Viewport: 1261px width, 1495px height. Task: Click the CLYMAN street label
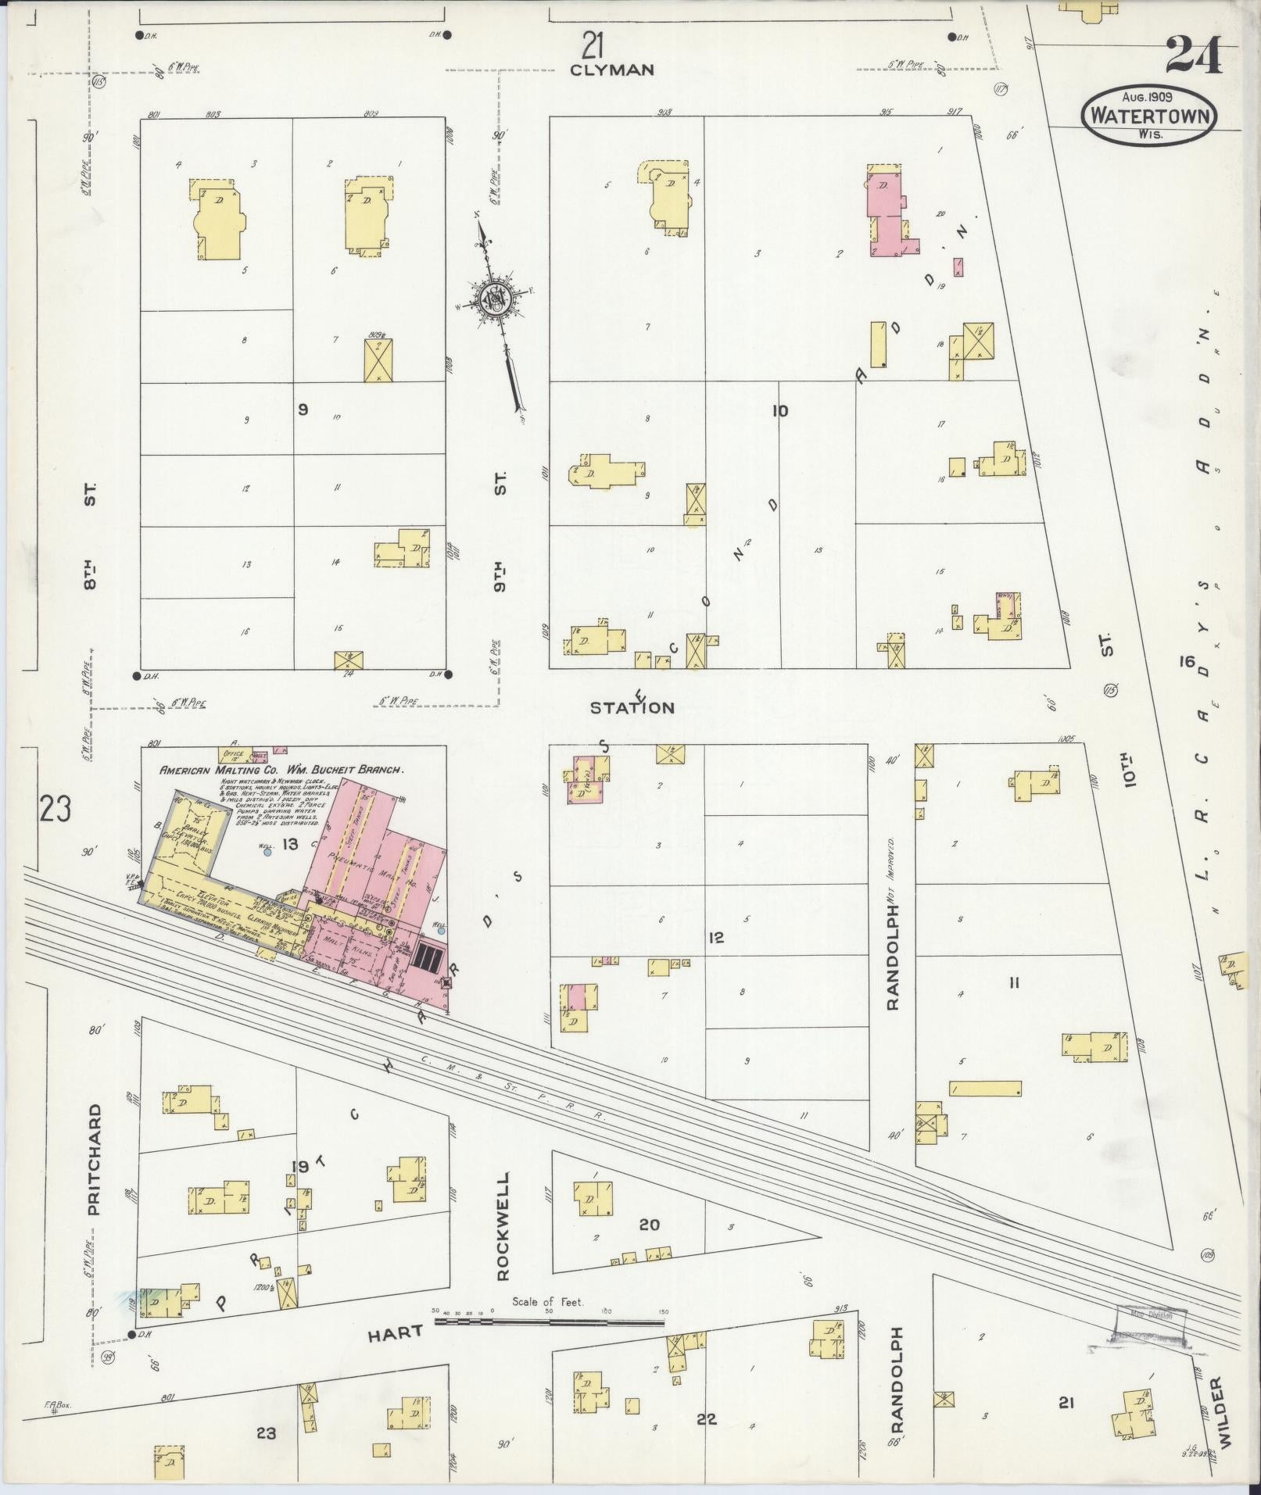coord(611,70)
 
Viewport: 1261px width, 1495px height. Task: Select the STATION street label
coord(632,707)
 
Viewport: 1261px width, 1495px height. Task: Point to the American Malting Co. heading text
coord(281,769)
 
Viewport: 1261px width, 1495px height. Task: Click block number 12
coord(716,937)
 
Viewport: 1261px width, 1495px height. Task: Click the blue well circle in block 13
coord(267,853)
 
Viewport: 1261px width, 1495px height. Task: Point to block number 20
coord(649,1225)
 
